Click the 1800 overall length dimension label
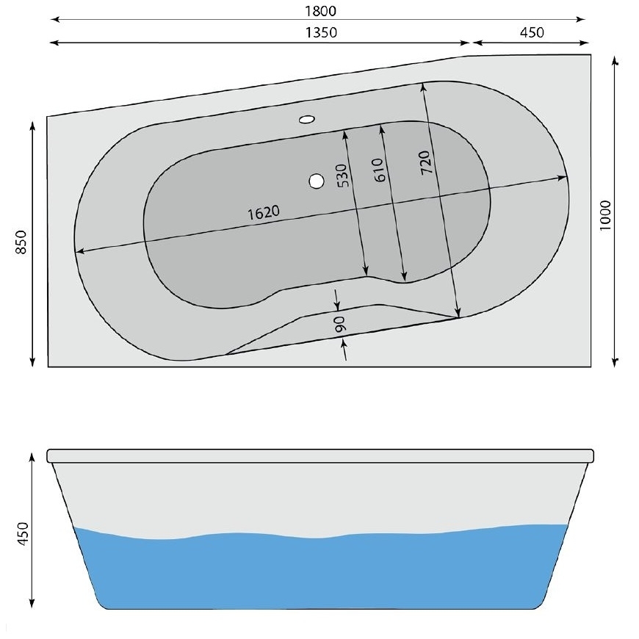tap(319, 11)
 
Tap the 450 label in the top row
tap(531, 33)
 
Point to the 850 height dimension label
tap(21, 242)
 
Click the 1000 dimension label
tap(605, 215)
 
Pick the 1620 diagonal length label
tap(264, 213)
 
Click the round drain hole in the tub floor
tap(317, 180)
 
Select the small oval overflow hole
tap(307, 118)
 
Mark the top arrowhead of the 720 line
tap(422, 86)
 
